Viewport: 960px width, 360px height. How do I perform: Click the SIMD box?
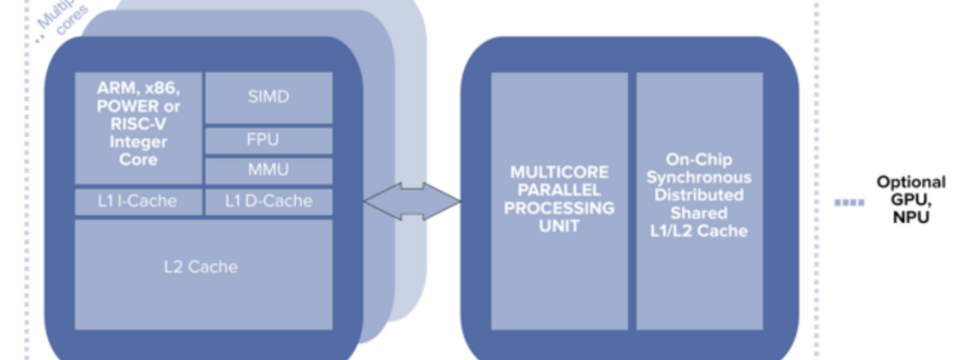[x=269, y=97]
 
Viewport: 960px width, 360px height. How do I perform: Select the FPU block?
[x=269, y=140]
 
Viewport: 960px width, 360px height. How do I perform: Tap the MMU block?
[x=269, y=170]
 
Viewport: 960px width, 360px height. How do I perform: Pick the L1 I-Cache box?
[x=138, y=201]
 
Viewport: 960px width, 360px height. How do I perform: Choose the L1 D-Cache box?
[x=269, y=201]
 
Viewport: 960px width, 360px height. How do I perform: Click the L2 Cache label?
[x=201, y=267]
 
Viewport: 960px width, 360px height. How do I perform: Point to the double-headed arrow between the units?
[x=412, y=201]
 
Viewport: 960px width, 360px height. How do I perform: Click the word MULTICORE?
[x=559, y=172]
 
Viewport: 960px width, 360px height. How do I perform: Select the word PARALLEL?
[x=559, y=190]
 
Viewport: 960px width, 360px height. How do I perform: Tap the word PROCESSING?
[x=559, y=208]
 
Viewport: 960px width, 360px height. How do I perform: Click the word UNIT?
[x=559, y=226]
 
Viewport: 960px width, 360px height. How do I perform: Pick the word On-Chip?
[x=699, y=160]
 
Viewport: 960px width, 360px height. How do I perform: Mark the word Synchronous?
[x=699, y=178]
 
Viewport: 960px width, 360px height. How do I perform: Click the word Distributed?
[x=699, y=195]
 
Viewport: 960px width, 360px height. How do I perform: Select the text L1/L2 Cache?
[x=699, y=231]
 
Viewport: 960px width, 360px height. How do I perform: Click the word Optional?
[x=911, y=182]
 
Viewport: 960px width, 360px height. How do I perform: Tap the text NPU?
[x=911, y=218]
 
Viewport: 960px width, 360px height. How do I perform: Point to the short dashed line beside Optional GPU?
[x=849, y=203]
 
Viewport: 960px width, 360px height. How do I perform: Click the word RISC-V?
[x=138, y=124]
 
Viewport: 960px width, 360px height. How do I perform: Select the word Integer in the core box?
[x=138, y=142]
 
